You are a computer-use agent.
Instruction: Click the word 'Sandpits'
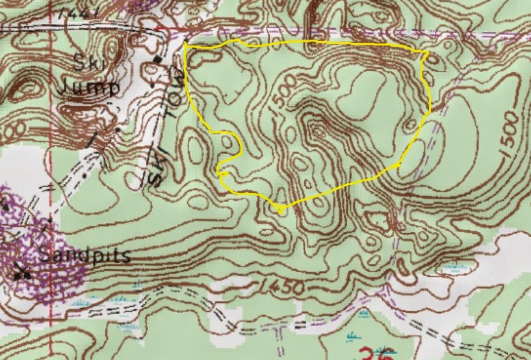84,255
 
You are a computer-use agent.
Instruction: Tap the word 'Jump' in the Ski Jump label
90,88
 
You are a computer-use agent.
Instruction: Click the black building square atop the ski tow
157,60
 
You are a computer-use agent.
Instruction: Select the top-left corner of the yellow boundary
185,45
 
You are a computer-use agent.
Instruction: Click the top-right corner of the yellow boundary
426,52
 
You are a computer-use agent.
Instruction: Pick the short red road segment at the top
174,29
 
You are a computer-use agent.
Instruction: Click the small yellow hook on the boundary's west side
223,173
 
